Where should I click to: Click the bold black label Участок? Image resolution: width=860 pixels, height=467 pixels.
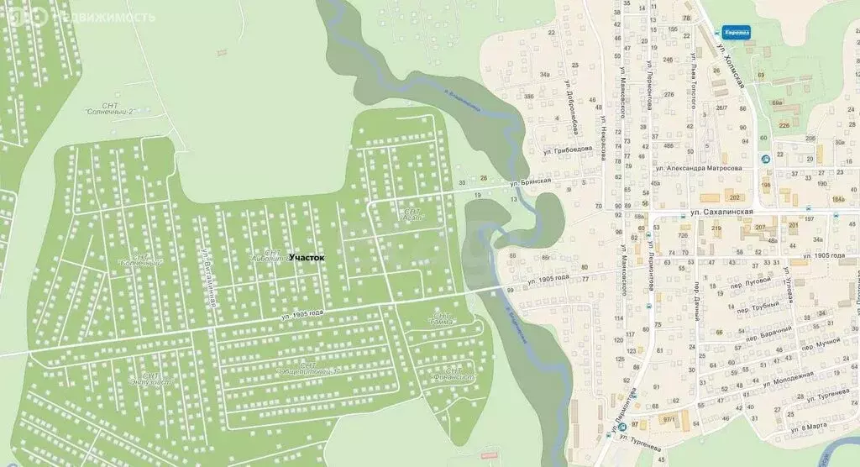point(307,258)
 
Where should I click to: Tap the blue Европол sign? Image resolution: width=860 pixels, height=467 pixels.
point(736,32)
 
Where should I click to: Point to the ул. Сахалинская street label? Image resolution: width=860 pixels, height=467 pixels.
point(714,214)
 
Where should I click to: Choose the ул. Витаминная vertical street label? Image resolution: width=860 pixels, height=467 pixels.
point(207,277)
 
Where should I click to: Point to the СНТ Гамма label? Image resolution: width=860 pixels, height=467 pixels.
point(442,319)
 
